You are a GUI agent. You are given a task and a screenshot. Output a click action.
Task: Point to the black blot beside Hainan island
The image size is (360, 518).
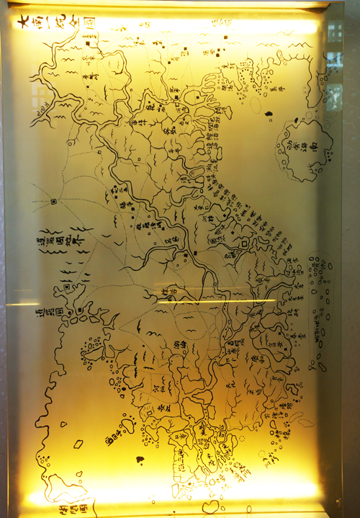click(269, 113)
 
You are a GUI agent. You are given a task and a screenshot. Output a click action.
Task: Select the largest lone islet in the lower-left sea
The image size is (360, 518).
click(78, 444)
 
